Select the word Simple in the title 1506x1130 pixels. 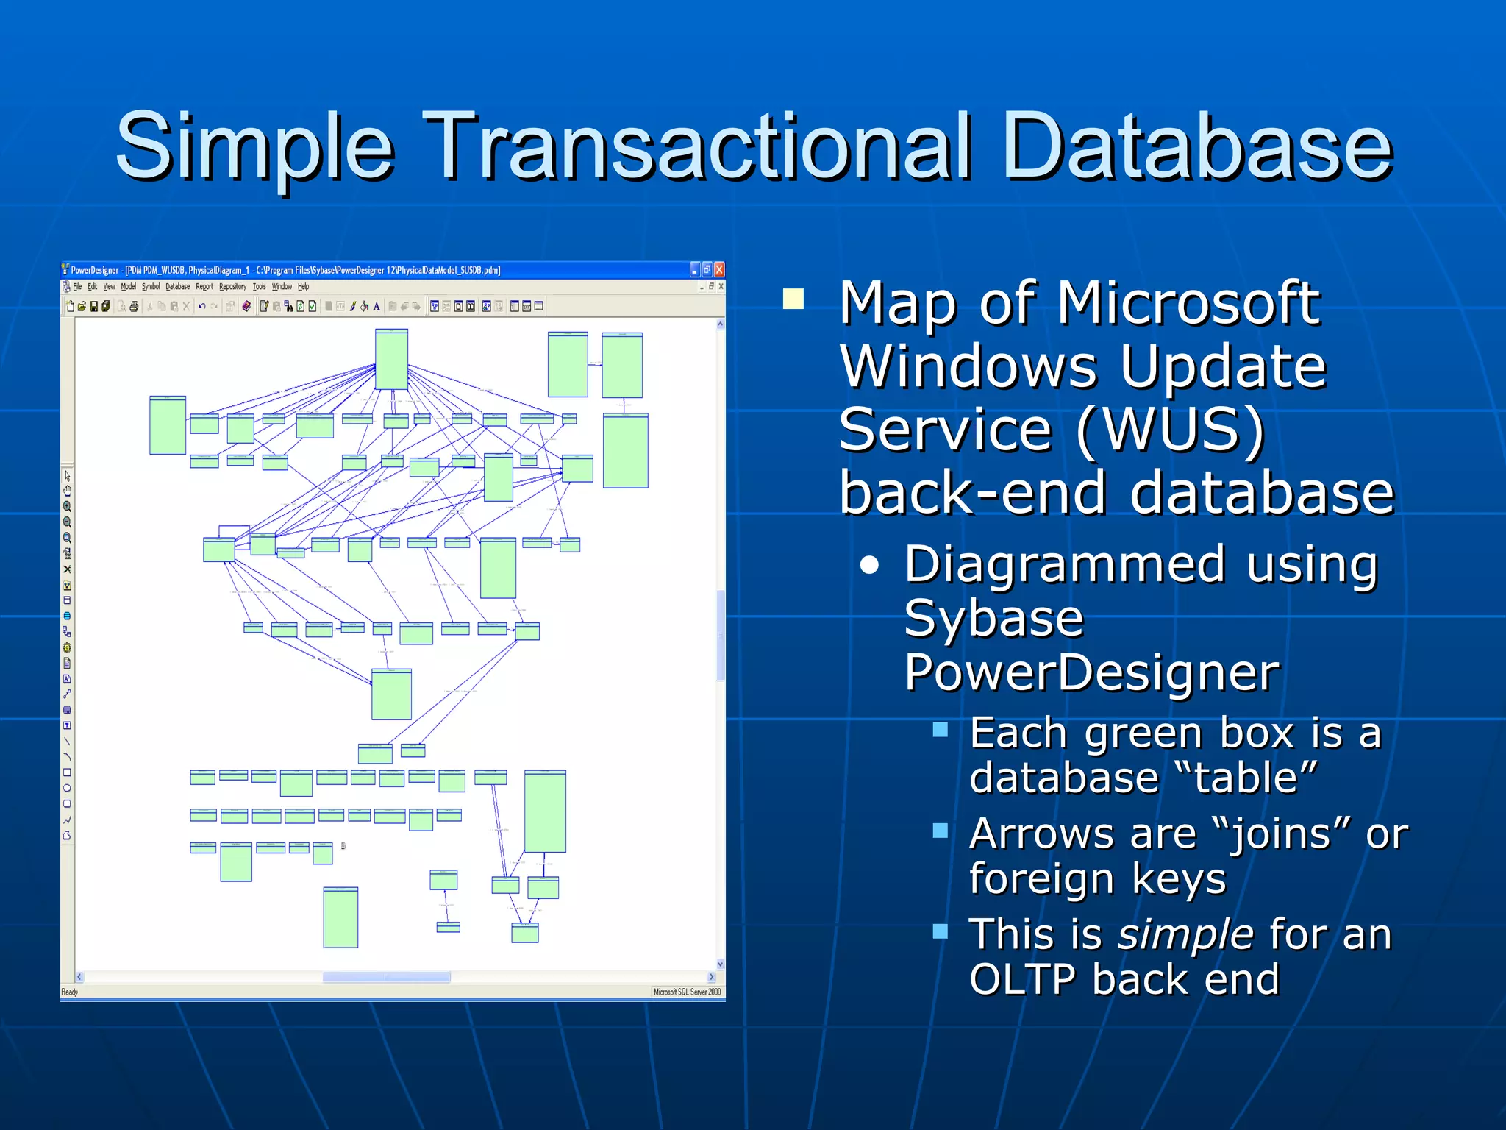[254, 147]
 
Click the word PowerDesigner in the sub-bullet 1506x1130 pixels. [1092, 672]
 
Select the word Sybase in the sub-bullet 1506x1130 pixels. [993, 619]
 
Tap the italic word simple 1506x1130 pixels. [1185, 935]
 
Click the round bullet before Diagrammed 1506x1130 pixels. [870, 565]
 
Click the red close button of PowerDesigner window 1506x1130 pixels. [719, 270]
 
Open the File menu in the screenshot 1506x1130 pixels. [77, 287]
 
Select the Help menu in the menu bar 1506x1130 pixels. [303, 287]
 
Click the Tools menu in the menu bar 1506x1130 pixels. [259, 287]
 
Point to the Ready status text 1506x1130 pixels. [70, 992]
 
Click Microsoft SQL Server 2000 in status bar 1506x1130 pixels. [687, 992]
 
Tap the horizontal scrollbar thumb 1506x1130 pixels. [387, 977]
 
